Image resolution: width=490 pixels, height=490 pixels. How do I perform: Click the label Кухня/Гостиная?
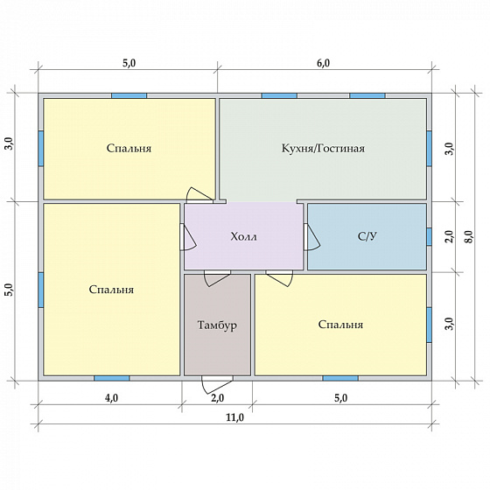pyautogui.click(x=323, y=148)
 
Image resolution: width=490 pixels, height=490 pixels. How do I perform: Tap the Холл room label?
pyautogui.click(x=244, y=236)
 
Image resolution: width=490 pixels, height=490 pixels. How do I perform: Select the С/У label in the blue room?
pyautogui.click(x=367, y=236)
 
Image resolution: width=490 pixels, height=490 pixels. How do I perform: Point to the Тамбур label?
pyautogui.click(x=217, y=325)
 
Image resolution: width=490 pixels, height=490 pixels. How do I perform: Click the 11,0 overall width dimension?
pyautogui.click(x=235, y=417)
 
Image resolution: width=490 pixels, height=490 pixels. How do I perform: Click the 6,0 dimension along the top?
pyautogui.click(x=323, y=63)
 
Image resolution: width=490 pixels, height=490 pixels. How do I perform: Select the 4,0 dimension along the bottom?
pyautogui.click(x=112, y=398)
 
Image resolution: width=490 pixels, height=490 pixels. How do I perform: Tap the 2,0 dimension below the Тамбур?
pyautogui.click(x=218, y=398)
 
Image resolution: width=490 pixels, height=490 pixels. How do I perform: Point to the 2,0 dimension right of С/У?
pyautogui.click(x=449, y=236)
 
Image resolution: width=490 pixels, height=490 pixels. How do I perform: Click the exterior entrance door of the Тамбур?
pyautogui.click(x=217, y=384)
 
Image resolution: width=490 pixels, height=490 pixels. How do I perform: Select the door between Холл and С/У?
pyautogui.click(x=311, y=237)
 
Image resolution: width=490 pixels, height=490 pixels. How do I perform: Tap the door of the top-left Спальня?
pyautogui.click(x=200, y=195)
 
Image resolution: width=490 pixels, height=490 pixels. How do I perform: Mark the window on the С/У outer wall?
pyautogui.click(x=429, y=236)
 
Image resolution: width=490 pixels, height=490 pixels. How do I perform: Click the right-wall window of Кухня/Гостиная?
pyautogui.click(x=429, y=148)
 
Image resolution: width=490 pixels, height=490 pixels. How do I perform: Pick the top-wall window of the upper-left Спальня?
pyautogui.click(x=129, y=95)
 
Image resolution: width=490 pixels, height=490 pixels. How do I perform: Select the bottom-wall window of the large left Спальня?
pyautogui.click(x=112, y=378)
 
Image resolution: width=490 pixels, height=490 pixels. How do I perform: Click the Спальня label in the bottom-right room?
pyautogui.click(x=340, y=325)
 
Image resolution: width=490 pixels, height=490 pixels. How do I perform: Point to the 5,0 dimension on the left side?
pyautogui.click(x=10, y=290)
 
